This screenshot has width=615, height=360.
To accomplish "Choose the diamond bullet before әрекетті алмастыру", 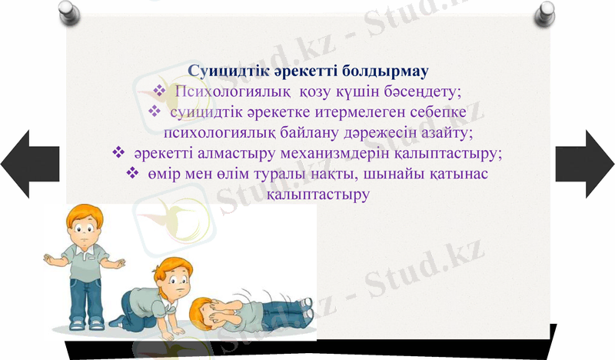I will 118,153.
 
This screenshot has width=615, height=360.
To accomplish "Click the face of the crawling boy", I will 177,282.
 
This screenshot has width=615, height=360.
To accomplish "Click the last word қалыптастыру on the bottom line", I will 317,195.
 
